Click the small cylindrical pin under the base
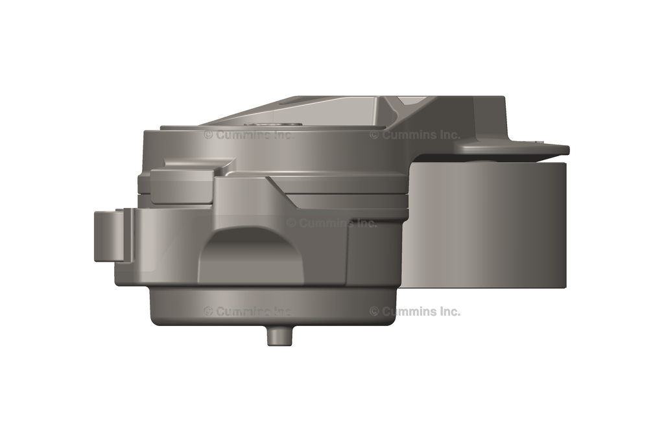point(279,335)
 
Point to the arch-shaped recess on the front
point(250,256)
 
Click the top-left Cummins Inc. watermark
point(248,135)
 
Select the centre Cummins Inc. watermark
point(331,223)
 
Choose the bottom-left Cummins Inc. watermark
point(248,311)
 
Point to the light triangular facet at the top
point(409,100)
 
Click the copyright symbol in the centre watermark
point(291,223)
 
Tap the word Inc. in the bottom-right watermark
point(447,311)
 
